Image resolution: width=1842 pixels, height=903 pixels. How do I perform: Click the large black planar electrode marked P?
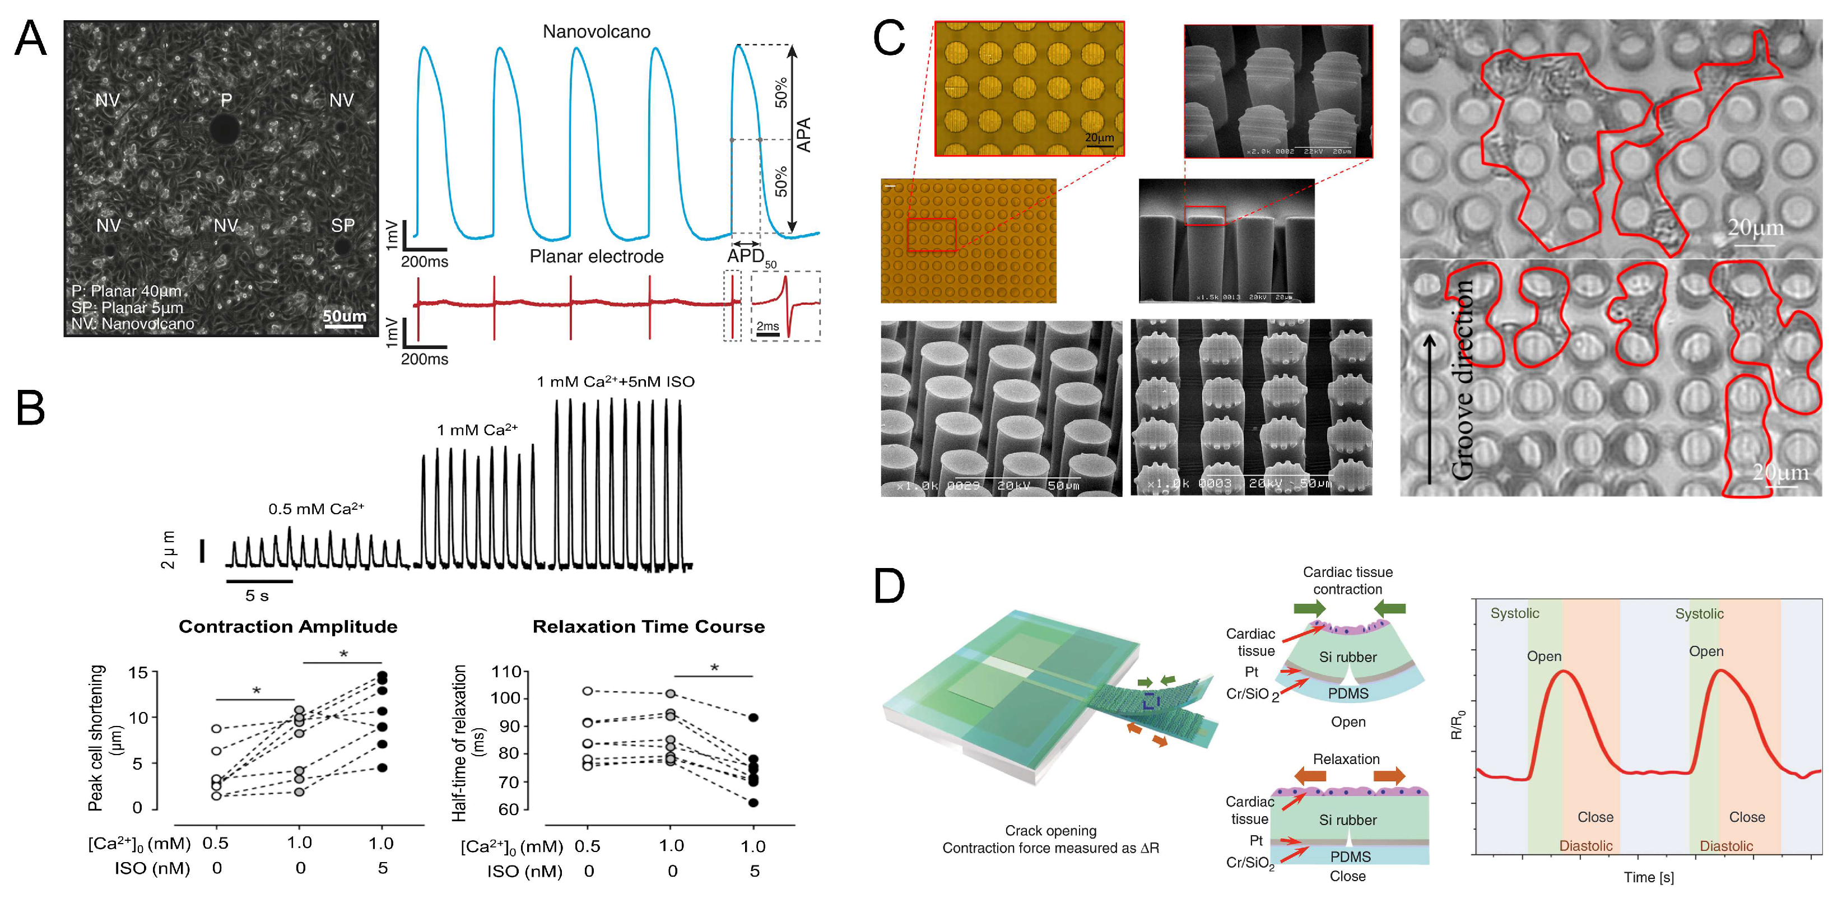[x=225, y=130]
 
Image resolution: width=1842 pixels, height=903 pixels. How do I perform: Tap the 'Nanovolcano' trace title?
[x=597, y=31]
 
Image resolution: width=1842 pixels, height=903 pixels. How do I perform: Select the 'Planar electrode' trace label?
[x=597, y=256]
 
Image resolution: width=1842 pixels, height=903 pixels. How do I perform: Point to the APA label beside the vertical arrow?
[x=804, y=134]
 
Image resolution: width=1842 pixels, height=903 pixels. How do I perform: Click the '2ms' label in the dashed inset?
[x=767, y=326]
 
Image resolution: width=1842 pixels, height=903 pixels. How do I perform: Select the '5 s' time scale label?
[x=257, y=595]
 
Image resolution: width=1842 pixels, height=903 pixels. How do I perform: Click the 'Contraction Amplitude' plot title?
[x=287, y=626]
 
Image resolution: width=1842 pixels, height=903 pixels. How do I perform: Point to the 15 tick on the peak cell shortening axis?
[x=137, y=673]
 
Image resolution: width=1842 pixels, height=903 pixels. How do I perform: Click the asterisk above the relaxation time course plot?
[x=714, y=668]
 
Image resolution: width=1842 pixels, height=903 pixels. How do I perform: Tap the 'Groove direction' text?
[x=1462, y=379]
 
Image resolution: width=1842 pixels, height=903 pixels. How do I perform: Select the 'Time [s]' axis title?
[x=1648, y=877]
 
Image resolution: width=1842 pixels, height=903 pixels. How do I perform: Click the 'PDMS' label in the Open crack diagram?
[x=1348, y=693]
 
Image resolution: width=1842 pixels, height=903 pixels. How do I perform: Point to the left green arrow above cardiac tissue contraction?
[x=1309, y=608]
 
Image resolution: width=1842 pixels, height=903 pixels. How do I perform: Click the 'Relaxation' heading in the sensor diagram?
[x=1346, y=758]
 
